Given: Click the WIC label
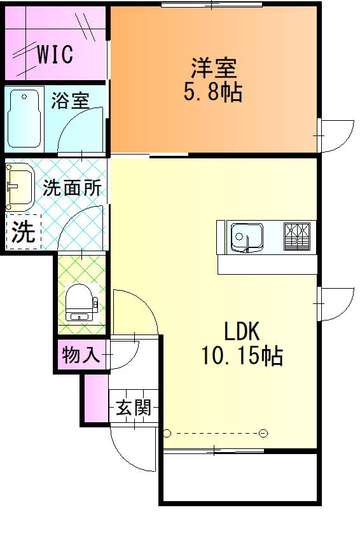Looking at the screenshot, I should (x=54, y=55).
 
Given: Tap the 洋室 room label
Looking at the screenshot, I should (x=214, y=67).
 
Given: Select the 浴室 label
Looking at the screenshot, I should (x=70, y=100).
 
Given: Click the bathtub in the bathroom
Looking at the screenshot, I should (x=25, y=119).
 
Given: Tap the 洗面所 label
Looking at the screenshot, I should (x=72, y=188).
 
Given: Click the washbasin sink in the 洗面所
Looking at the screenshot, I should (x=20, y=187).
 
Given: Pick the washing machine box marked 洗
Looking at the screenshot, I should (x=24, y=232).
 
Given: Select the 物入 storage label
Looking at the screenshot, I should (x=81, y=355).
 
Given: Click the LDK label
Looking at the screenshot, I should (x=241, y=331).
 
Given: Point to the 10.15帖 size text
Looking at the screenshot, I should (x=242, y=357).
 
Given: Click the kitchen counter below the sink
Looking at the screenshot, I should (x=267, y=264).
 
